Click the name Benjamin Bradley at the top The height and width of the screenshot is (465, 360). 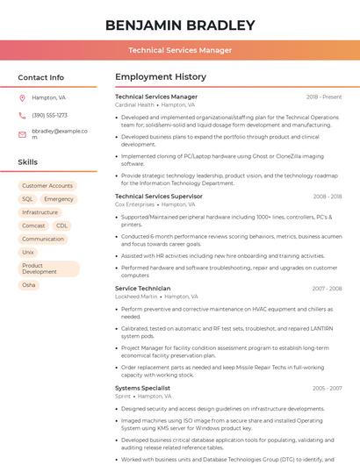[x=180, y=25]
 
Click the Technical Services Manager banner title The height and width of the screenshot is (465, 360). [x=180, y=50]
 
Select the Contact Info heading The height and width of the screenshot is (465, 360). [x=41, y=77]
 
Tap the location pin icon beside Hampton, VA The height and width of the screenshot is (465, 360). [x=22, y=97]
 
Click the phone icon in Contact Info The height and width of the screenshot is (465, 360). [x=22, y=115]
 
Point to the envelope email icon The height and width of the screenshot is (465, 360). [x=22, y=134]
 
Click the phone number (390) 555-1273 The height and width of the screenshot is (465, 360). [x=49, y=115]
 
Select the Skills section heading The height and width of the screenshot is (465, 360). [x=28, y=162]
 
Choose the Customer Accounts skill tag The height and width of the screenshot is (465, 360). [x=47, y=186]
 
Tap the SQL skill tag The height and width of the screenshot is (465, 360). [x=27, y=199]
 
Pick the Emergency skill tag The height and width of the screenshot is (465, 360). [x=59, y=199]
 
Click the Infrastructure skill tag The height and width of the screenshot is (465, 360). [x=40, y=212]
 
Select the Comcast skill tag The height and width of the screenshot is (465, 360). [x=33, y=225]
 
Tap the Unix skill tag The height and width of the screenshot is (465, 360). [x=28, y=252]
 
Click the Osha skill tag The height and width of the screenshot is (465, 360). [x=29, y=285]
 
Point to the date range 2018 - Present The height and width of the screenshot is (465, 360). [x=324, y=97]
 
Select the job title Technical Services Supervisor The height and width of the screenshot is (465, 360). [x=158, y=197]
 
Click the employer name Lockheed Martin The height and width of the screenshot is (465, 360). [x=136, y=297]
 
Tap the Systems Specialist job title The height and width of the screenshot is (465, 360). [x=142, y=388]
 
